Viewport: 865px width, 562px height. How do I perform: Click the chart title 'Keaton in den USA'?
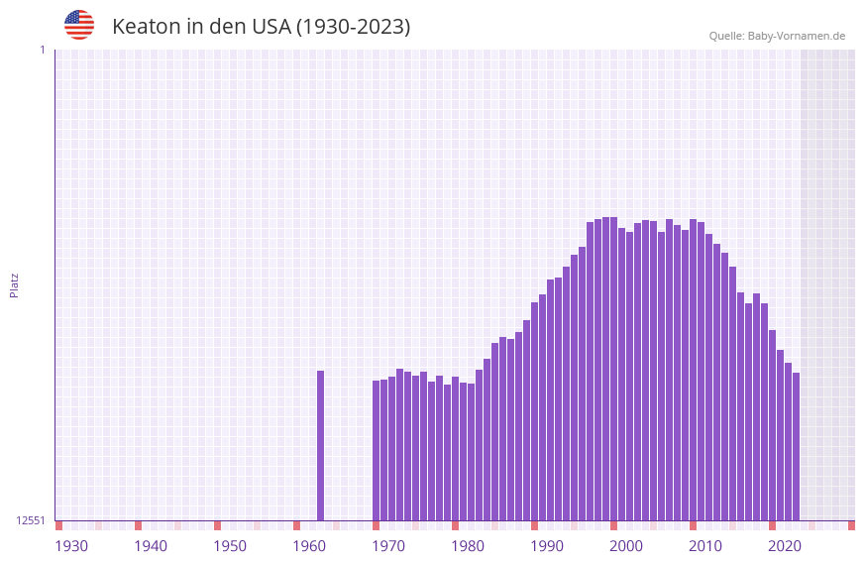click(x=261, y=27)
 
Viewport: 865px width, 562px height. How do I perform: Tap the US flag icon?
click(x=79, y=25)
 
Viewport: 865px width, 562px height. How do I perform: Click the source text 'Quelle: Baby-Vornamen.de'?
click(x=777, y=36)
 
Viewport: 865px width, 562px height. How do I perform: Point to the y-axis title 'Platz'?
click(x=14, y=284)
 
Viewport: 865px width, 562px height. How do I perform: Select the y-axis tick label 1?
click(x=42, y=50)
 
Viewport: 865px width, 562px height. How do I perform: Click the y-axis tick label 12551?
click(x=31, y=520)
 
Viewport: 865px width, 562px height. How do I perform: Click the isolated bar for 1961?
click(x=320, y=445)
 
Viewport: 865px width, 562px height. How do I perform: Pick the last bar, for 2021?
click(x=796, y=446)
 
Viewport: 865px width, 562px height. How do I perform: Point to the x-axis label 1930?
click(x=71, y=546)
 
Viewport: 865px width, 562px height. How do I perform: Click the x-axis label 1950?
click(x=230, y=546)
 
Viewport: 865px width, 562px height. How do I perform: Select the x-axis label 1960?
click(x=309, y=546)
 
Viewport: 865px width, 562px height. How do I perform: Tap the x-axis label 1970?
click(x=388, y=546)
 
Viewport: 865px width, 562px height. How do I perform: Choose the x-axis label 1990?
click(x=547, y=546)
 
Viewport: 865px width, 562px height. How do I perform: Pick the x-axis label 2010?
click(x=705, y=546)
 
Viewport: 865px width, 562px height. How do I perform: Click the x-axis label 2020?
click(x=785, y=546)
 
